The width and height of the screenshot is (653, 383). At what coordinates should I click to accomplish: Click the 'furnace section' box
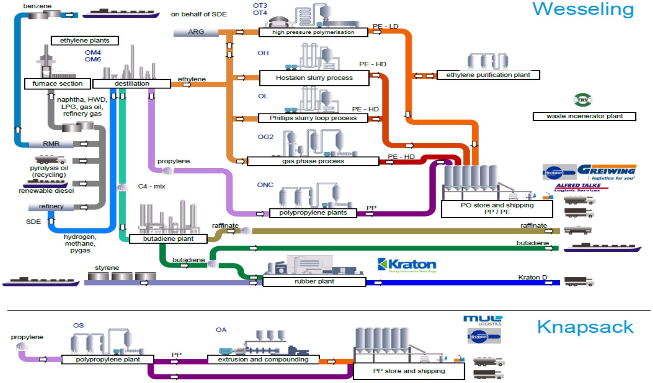(57, 84)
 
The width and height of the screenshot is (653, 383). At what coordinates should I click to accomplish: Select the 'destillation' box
(132, 84)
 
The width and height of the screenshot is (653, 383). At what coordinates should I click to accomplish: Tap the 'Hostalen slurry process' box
(314, 78)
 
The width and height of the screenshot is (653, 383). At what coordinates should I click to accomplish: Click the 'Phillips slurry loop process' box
(313, 118)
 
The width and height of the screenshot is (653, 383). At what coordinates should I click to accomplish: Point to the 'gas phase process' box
(313, 161)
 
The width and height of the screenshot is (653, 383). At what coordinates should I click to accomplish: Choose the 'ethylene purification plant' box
(488, 75)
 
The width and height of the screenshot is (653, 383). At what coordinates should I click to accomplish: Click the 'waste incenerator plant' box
(584, 116)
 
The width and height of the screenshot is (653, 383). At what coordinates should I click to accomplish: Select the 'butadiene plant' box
(168, 239)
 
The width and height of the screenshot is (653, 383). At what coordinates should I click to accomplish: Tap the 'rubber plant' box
(314, 282)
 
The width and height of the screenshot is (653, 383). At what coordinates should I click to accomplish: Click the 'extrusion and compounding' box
(263, 359)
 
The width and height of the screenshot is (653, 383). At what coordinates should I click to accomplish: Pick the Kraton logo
(407, 265)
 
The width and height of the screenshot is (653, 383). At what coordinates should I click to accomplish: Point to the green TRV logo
(583, 100)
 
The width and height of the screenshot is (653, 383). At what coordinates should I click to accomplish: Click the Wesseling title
(583, 9)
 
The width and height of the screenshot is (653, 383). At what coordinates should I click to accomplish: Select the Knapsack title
(585, 327)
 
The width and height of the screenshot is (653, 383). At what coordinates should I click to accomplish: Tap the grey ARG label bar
(196, 32)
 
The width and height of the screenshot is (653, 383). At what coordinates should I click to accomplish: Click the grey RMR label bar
(51, 144)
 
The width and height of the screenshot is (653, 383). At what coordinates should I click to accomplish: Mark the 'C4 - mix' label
(151, 187)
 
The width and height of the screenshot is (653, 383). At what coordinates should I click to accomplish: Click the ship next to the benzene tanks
(121, 14)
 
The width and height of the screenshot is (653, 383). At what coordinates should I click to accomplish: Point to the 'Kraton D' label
(533, 277)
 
